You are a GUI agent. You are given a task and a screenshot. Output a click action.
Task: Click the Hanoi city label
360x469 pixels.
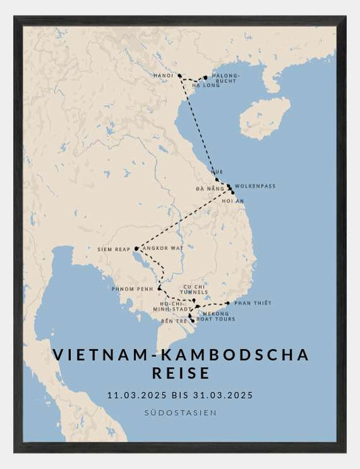pyautogui.click(x=163, y=75)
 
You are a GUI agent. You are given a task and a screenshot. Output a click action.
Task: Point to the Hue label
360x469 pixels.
pyautogui.click(x=217, y=172)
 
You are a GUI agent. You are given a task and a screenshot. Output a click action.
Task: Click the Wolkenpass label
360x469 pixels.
pyautogui.click(x=256, y=186)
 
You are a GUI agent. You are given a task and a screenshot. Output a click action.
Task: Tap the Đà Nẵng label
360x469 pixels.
pyautogui.click(x=209, y=189)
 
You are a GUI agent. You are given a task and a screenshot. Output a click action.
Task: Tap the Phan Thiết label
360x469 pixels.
pyautogui.click(x=253, y=303)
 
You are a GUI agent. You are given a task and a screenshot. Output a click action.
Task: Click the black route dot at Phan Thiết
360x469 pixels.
pyautogui.click(x=228, y=303)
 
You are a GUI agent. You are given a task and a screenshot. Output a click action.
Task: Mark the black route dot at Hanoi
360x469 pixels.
pyautogui.click(x=180, y=76)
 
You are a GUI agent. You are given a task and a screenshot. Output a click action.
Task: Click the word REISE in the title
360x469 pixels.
pyautogui.click(x=180, y=372)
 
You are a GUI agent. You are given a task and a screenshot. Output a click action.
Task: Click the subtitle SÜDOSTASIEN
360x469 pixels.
pyautogui.click(x=180, y=412)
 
